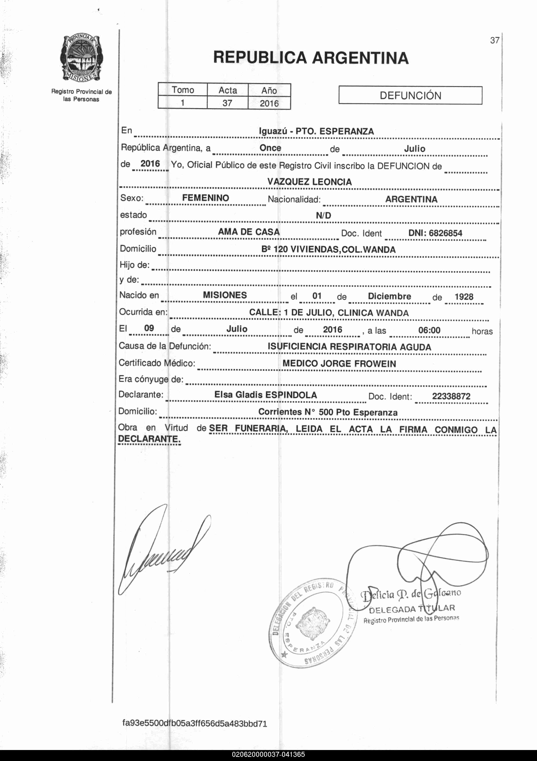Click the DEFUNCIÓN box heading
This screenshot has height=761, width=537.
tap(410, 95)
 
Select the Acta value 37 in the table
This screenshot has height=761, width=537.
tap(227, 103)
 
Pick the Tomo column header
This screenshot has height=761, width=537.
tap(183, 90)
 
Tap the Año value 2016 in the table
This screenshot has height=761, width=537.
tap(269, 103)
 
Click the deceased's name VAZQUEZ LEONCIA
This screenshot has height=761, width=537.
tap(310, 182)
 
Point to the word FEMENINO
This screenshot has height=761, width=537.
tap(206, 198)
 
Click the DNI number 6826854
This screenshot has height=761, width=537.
tap(445, 233)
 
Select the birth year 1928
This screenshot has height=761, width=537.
tap(464, 297)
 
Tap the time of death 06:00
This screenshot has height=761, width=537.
tap(429, 330)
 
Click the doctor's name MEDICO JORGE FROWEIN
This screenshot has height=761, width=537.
tap(339, 364)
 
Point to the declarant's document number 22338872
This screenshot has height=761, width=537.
tap(451, 396)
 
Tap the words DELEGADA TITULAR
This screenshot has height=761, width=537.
tap(412, 608)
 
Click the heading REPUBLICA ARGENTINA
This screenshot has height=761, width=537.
tap(311, 58)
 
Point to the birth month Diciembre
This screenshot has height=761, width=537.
tap(389, 296)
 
